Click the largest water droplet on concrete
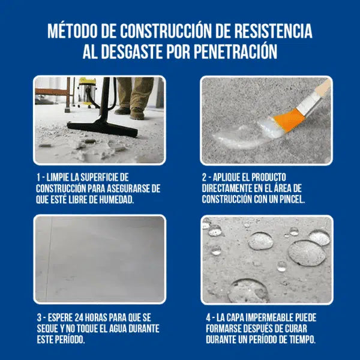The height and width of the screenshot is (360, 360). [x=306, y=253]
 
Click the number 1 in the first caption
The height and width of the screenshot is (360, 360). [x=38, y=178]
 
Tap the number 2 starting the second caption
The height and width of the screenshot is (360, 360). [x=206, y=178]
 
